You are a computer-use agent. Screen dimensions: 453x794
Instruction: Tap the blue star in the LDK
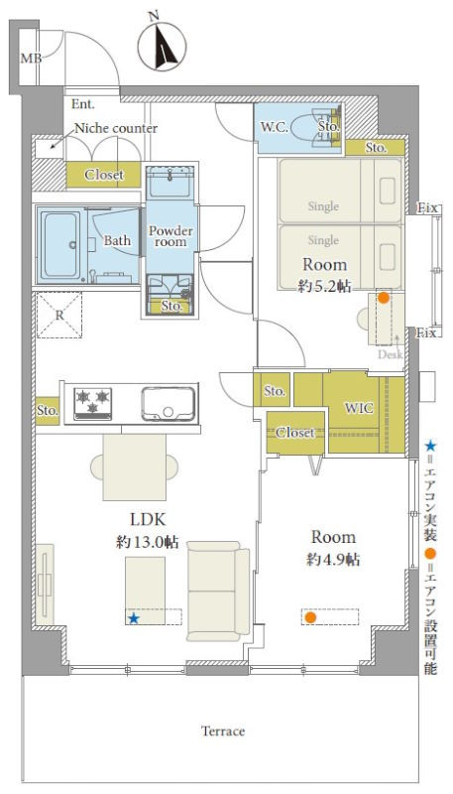tap(134, 618)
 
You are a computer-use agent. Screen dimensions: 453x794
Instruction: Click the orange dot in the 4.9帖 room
tap(310, 617)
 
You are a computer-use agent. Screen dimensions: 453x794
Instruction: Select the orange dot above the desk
tap(384, 298)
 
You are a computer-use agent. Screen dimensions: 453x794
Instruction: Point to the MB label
tap(31, 59)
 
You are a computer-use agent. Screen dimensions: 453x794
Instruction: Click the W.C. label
tap(275, 128)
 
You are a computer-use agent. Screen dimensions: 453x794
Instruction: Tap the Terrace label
tap(223, 730)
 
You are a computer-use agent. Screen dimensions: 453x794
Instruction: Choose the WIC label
tap(359, 408)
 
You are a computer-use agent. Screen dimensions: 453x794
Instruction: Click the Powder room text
tap(170, 236)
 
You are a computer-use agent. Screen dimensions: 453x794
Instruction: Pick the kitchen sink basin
tap(169, 404)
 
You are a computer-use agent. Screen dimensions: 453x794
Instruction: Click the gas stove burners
tap(93, 404)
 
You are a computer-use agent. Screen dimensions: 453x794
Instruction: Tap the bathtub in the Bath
tap(60, 246)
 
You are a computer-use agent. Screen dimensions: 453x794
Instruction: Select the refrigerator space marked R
tap(59, 316)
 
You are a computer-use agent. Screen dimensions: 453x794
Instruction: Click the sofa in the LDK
tap(218, 591)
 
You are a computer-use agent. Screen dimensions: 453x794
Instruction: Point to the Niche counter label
tap(116, 128)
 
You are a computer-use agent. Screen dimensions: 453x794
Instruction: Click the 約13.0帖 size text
tap(147, 542)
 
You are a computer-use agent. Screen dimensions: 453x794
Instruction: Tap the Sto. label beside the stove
tap(47, 411)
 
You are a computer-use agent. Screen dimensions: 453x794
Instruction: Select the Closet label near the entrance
tap(104, 175)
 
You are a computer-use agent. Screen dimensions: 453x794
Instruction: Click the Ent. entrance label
tap(83, 104)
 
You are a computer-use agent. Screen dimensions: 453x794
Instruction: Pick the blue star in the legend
tap(430, 447)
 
